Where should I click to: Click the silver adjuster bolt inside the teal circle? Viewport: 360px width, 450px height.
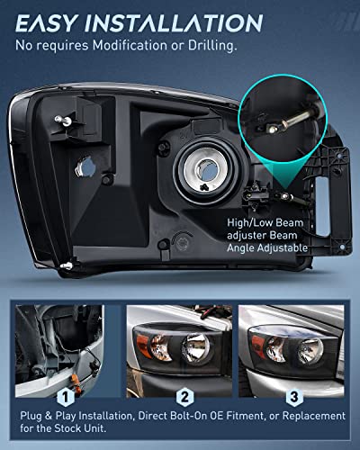pos(283,114)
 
